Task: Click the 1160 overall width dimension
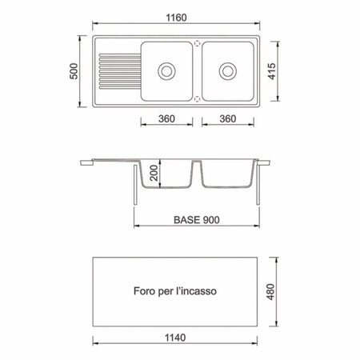click(x=176, y=18)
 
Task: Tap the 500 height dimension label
click(x=74, y=71)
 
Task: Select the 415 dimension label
click(x=272, y=71)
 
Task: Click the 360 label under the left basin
click(x=166, y=118)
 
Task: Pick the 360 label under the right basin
click(x=228, y=118)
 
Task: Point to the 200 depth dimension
click(x=154, y=173)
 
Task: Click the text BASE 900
click(x=197, y=220)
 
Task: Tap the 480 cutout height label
click(x=270, y=292)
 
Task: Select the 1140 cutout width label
click(x=175, y=338)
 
